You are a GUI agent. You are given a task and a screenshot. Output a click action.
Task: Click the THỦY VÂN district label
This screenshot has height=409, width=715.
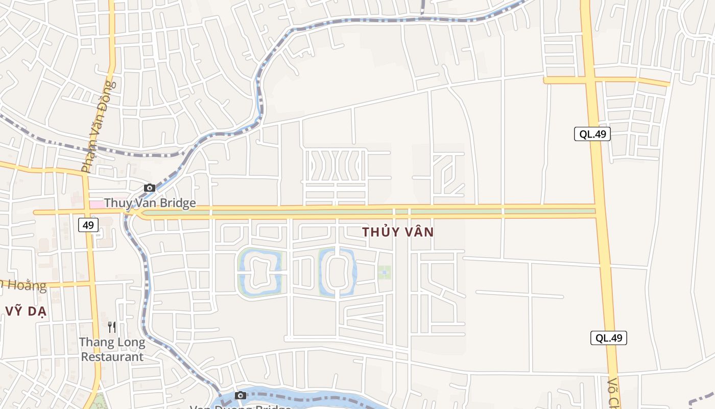pos(398,232)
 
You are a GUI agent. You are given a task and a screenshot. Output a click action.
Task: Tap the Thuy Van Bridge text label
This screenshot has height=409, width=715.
pos(150,203)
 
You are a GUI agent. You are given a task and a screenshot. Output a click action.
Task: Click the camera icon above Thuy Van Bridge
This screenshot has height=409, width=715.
pos(150,188)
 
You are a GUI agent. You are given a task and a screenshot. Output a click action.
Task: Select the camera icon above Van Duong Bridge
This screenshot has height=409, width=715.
pos(241,395)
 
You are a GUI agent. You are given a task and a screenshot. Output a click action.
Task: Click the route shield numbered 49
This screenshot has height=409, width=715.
pos(88,225)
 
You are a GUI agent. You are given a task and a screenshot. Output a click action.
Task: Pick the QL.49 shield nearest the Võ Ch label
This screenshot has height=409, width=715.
pos(608,338)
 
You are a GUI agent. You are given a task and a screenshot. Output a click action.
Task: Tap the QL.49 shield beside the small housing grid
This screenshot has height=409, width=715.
pos(592,134)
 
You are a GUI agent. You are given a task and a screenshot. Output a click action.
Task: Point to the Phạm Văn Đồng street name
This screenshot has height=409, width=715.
pos(99,127)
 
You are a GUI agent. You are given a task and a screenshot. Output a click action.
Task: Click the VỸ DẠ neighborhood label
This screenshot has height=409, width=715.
pos(26,311)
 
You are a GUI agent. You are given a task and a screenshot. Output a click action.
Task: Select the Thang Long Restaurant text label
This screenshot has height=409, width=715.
pos(112,349)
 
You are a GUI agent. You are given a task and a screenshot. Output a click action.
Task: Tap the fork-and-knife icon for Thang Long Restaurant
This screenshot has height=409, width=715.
pos(112,327)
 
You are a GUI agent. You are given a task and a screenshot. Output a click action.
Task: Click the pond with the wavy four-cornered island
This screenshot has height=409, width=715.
pos(260,272)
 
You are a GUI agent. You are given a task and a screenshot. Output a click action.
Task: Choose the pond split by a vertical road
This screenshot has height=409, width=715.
pos(337,273)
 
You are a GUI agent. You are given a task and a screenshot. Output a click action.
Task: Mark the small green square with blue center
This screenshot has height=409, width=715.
pos(385,272)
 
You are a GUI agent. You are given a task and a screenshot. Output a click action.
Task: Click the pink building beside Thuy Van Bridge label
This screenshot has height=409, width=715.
pos(96,204)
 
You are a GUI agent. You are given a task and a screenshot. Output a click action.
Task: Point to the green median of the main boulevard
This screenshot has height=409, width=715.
pos(368,211)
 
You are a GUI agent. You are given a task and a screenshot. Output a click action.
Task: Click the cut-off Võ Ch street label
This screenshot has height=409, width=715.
pos(613,394)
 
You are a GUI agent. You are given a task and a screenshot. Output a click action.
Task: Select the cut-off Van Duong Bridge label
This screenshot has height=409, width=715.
pos(240,406)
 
